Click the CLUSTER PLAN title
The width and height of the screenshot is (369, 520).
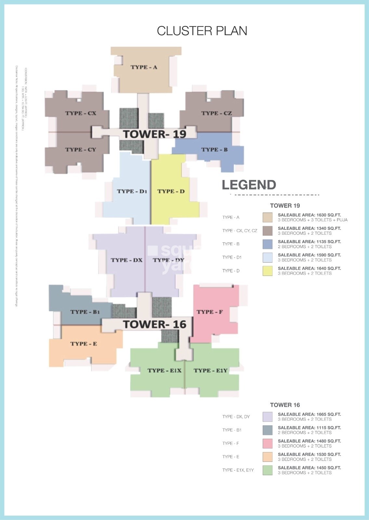point(202,31)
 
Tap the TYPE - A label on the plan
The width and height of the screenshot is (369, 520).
point(144,67)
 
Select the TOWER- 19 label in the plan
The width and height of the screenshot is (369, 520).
point(154,134)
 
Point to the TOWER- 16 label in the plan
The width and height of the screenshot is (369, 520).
point(154,324)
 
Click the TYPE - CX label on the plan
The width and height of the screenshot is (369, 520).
point(81,113)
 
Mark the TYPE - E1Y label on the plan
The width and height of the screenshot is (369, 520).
point(211,370)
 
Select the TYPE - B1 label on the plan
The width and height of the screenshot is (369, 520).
point(85,312)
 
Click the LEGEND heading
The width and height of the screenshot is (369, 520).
point(249,185)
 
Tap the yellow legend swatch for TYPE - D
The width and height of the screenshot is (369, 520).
point(268,271)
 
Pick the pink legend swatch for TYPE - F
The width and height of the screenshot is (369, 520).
point(268,443)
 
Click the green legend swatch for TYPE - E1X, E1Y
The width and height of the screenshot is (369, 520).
point(268,470)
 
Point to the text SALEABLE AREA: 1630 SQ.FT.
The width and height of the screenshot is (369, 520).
point(309,215)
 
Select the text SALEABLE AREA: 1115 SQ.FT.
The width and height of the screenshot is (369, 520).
point(309,428)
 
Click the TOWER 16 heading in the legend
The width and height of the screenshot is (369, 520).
point(285,405)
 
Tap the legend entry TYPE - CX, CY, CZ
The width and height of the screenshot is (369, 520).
point(240,231)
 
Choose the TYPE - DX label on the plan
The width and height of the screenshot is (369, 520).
point(126,260)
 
